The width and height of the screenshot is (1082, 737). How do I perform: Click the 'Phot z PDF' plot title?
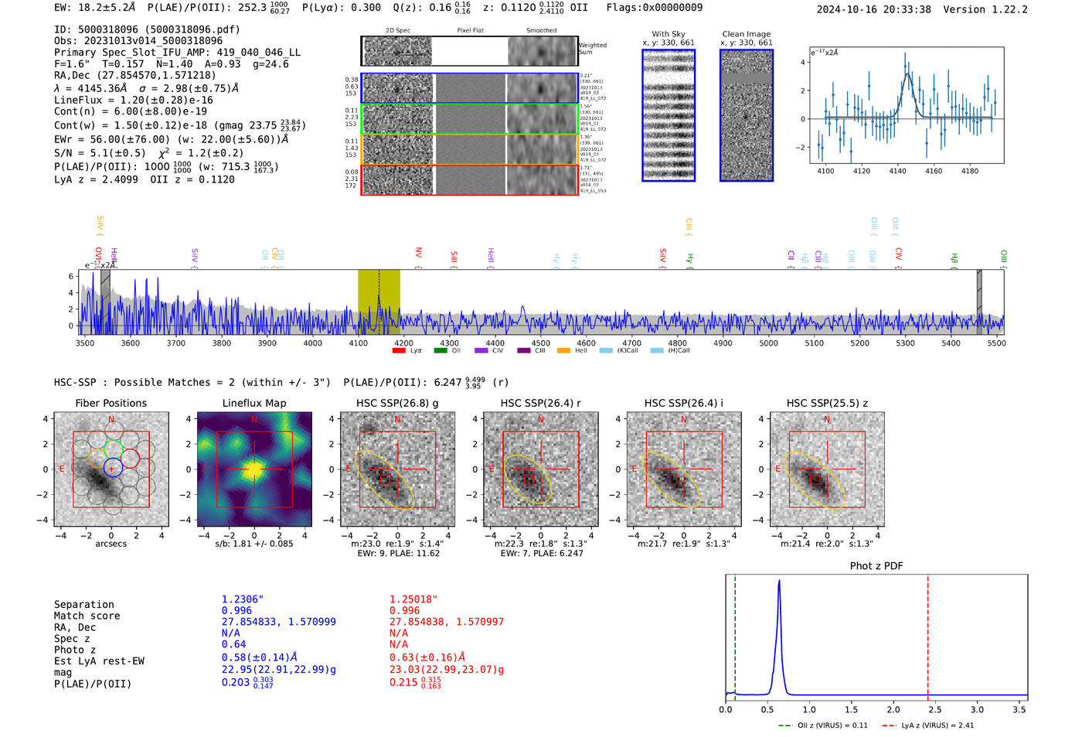pyautogui.click(x=876, y=566)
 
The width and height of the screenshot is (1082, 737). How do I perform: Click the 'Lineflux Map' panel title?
pyautogui.click(x=253, y=403)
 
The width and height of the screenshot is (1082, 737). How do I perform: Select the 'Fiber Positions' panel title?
pyautogui.click(x=111, y=403)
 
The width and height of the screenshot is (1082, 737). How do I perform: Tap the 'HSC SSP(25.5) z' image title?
pyautogui.click(x=827, y=403)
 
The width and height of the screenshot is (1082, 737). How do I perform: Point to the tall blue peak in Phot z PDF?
pyautogui.click(x=778, y=588)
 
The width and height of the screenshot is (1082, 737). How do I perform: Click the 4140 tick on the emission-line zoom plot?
pyautogui.click(x=897, y=171)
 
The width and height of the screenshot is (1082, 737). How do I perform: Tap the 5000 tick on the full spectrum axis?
pyautogui.click(x=768, y=343)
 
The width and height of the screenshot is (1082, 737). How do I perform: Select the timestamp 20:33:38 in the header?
pyautogui.click(x=903, y=10)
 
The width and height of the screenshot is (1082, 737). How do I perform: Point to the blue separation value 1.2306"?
pyautogui.click(x=242, y=599)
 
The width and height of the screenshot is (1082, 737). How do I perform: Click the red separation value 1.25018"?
pyautogui.click(x=413, y=599)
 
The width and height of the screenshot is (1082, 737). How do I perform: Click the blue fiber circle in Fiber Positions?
pyautogui.click(x=113, y=468)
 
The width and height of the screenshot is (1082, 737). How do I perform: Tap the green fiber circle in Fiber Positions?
pyautogui.click(x=113, y=449)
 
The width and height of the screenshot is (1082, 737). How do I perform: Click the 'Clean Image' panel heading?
pyautogui.click(x=746, y=34)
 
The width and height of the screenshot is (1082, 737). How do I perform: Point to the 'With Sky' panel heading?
pyautogui.click(x=668, y=34)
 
